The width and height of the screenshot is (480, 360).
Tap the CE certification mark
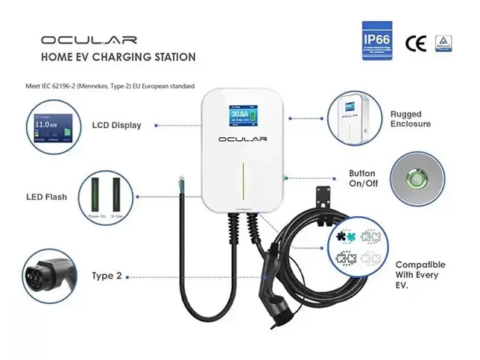pyautogui.click(x=416, y=42)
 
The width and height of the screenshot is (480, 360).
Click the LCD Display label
pyautogui.click(x=116, y=125)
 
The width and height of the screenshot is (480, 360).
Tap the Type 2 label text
pyautogui.click(x=107, y=275)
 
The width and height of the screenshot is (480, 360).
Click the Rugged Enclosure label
pyautogui.click(x=410, y=119)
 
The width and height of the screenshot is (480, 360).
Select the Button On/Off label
pyautogui.click(x=362, y=178)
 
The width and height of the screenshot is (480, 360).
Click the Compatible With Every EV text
pyautogui.click(x=420, y=275)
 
